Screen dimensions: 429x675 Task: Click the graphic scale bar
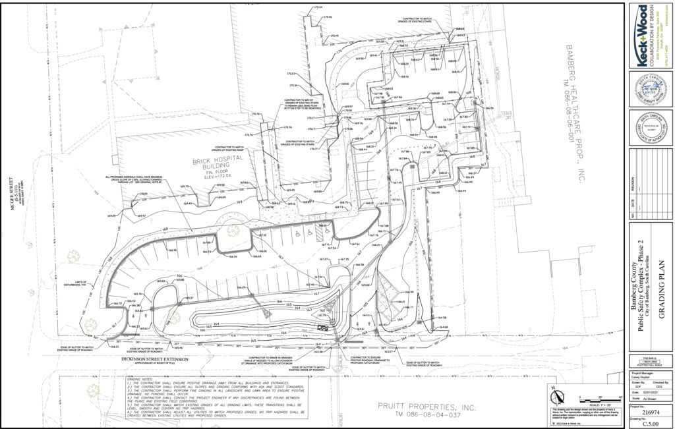pos(601,397)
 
